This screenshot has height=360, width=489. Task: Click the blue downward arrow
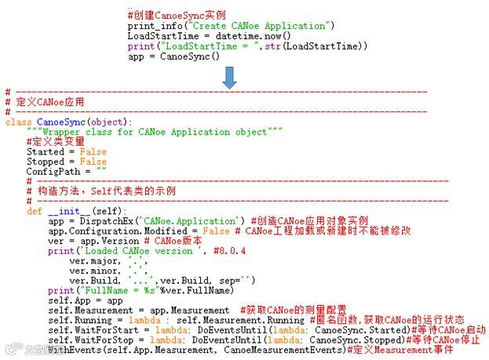pos(228,77)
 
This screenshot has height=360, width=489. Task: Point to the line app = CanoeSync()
pos(173,56)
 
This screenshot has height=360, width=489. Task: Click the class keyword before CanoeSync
pos(20,122)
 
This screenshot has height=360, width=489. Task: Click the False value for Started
pos(88,152)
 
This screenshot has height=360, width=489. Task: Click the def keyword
pos(35,212)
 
